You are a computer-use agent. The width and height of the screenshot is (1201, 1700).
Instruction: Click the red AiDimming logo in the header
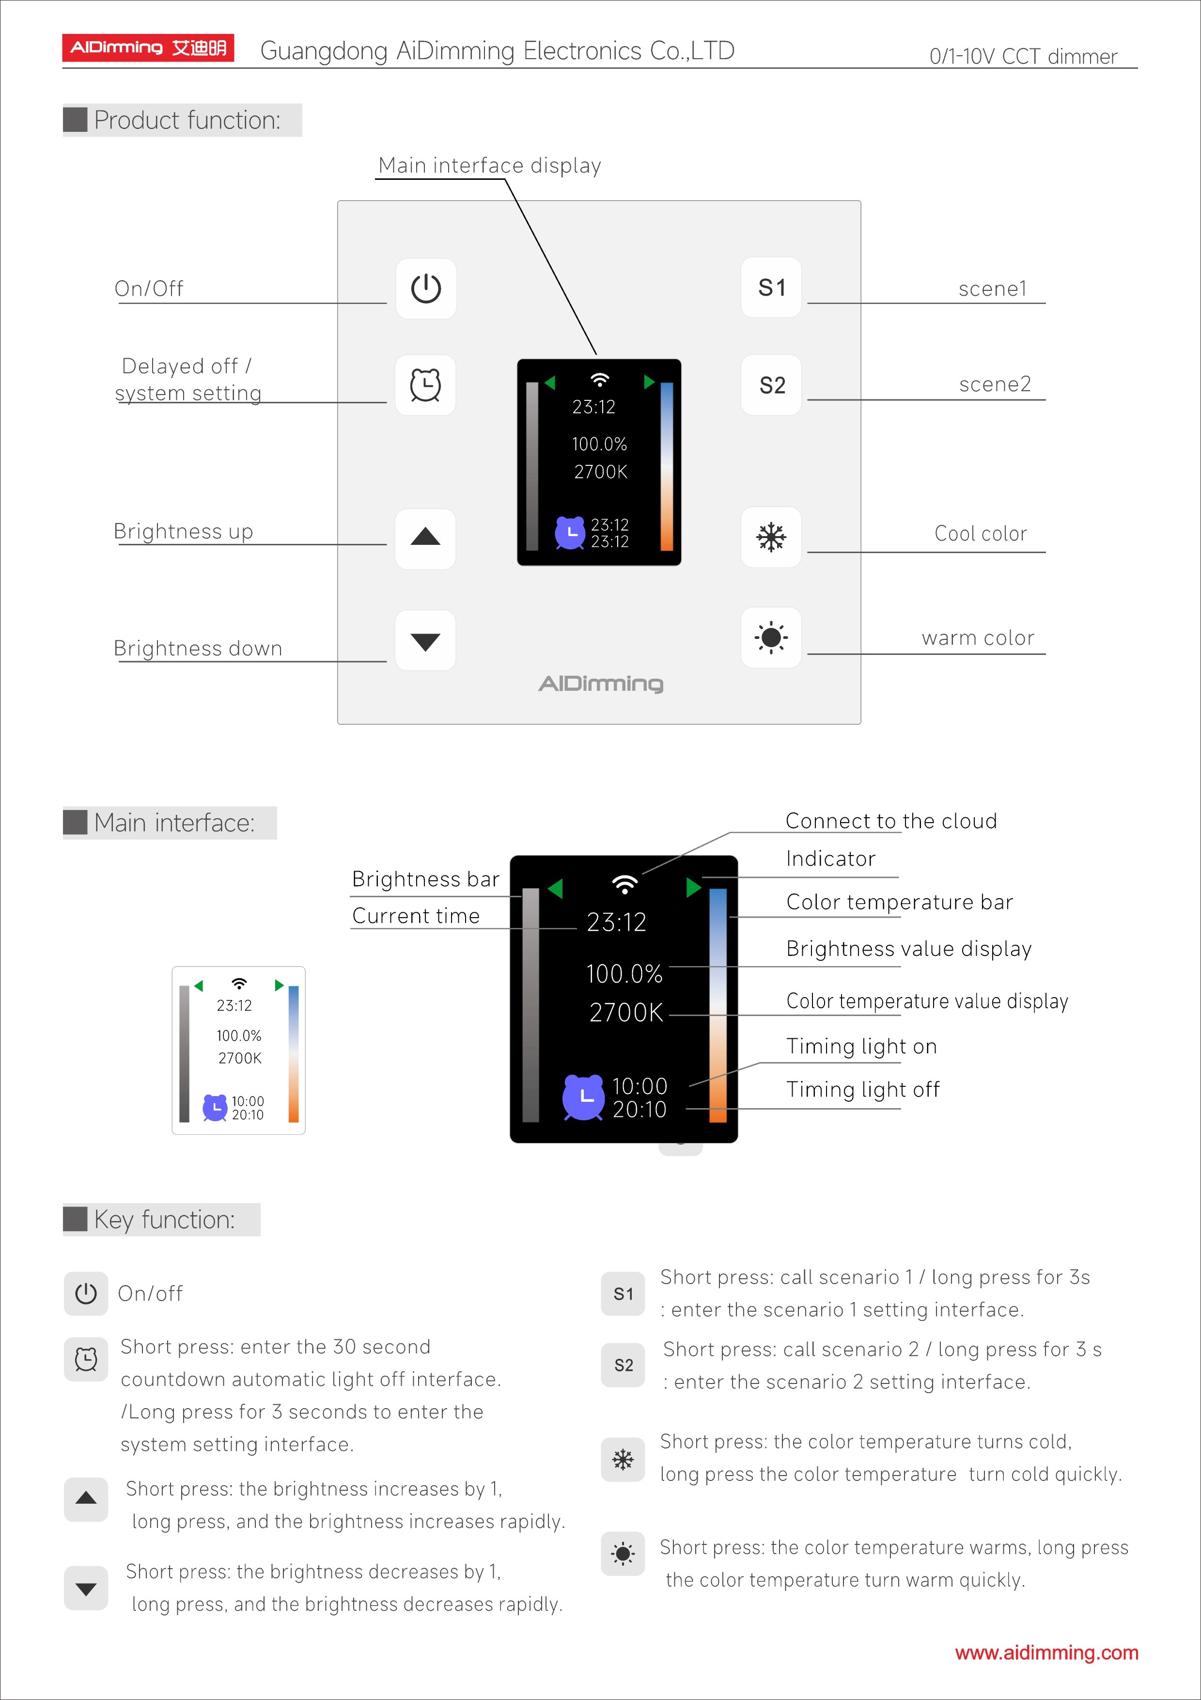pos(148,48)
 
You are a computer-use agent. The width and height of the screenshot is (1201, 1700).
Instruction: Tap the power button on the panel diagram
pos(425,289)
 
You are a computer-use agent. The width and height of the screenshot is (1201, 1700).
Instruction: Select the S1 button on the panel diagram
pos(771,287)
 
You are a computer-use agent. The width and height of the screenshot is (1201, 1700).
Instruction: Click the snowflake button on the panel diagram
pos(771,537)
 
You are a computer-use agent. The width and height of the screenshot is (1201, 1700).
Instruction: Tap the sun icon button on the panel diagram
pos(771,637)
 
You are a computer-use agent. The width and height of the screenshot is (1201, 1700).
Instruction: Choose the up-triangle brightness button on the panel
pos(425,538)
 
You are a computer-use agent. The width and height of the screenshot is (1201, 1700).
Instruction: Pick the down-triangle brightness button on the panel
pos(425,640)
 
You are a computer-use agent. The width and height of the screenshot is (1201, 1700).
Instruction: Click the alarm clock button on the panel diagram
pos(425,385)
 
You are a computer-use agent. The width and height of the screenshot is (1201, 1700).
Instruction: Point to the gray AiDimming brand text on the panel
pos(601,683)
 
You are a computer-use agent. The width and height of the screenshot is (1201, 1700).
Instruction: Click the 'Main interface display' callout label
pos(489,165)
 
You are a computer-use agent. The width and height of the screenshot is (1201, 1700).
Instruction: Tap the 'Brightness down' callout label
pos(198,649)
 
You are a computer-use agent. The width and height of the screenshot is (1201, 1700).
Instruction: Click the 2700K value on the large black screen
pos(626,1012)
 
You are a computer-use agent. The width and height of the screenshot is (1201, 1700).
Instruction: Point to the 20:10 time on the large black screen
pos(639,1109)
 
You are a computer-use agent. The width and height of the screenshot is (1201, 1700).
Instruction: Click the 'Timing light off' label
pos(862,1089)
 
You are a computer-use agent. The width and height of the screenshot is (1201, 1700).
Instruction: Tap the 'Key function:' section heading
pos(164,1220)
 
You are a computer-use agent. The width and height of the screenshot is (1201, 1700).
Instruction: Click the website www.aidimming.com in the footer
pos(1046,1652)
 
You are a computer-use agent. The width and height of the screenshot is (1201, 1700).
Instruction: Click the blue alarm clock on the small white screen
pos(215,1108)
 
